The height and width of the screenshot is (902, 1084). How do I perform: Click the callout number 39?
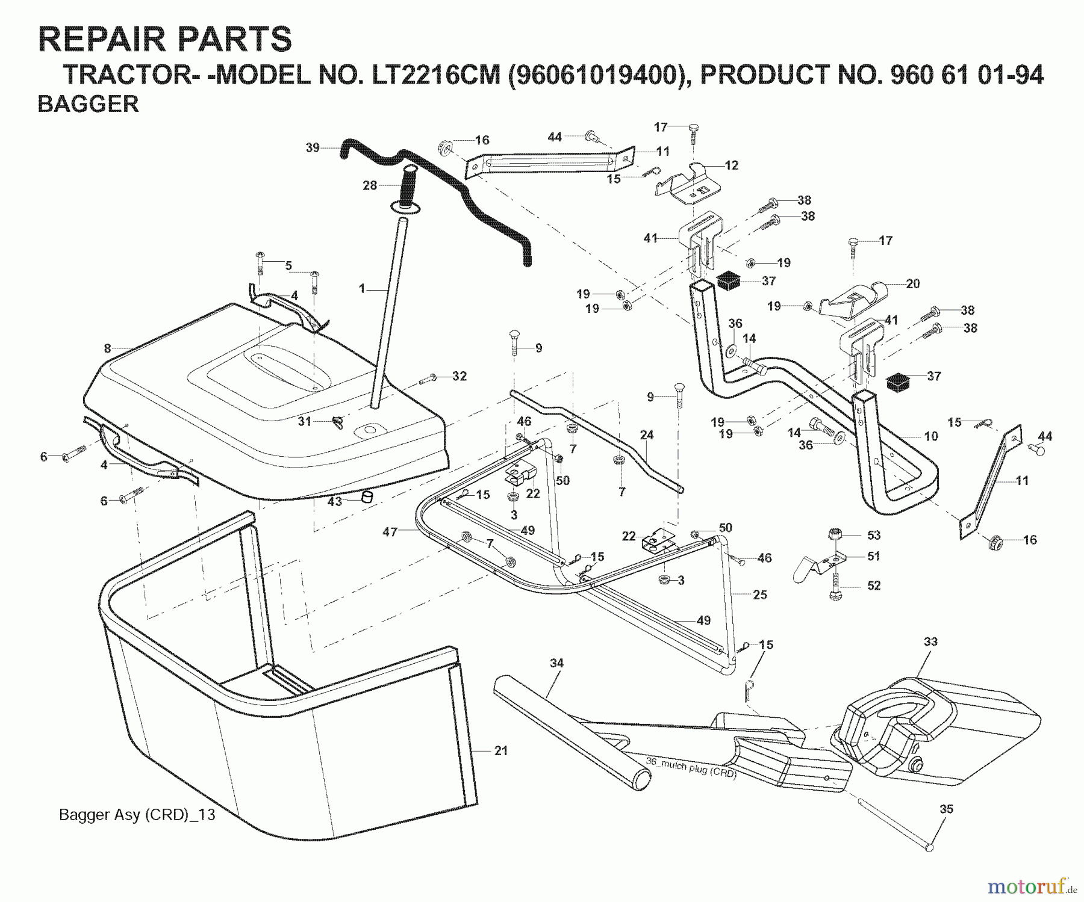[x=313, y=147]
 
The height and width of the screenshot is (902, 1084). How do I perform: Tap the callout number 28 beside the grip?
[x=370, y=186]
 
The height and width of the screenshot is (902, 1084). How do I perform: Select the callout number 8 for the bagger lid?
[x=107, y=348]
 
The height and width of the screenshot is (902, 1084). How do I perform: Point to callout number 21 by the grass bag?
[x=500, y=751]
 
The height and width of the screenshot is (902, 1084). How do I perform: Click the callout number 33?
[x=930, y=642]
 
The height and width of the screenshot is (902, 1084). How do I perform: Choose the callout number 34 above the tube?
[x=556, y=663]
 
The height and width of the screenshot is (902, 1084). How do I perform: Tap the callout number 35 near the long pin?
[x=947, y=809]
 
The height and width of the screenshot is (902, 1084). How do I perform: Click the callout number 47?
[x=390, y=532]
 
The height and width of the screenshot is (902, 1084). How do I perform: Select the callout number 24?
[x=647, y=434]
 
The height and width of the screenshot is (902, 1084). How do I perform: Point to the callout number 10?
[x=931, y=436]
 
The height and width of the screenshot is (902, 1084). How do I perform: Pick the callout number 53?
[x=874, y=535]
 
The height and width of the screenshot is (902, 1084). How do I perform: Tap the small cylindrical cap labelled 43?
[x=366, y=497]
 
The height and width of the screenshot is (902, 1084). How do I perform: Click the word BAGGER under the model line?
[x=88, y=104]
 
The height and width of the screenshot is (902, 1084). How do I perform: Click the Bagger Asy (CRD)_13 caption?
[x=137, y=815]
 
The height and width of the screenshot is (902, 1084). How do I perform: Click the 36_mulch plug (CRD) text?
[x=691, y=767]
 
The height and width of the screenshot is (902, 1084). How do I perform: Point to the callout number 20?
[x=913, y=283]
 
